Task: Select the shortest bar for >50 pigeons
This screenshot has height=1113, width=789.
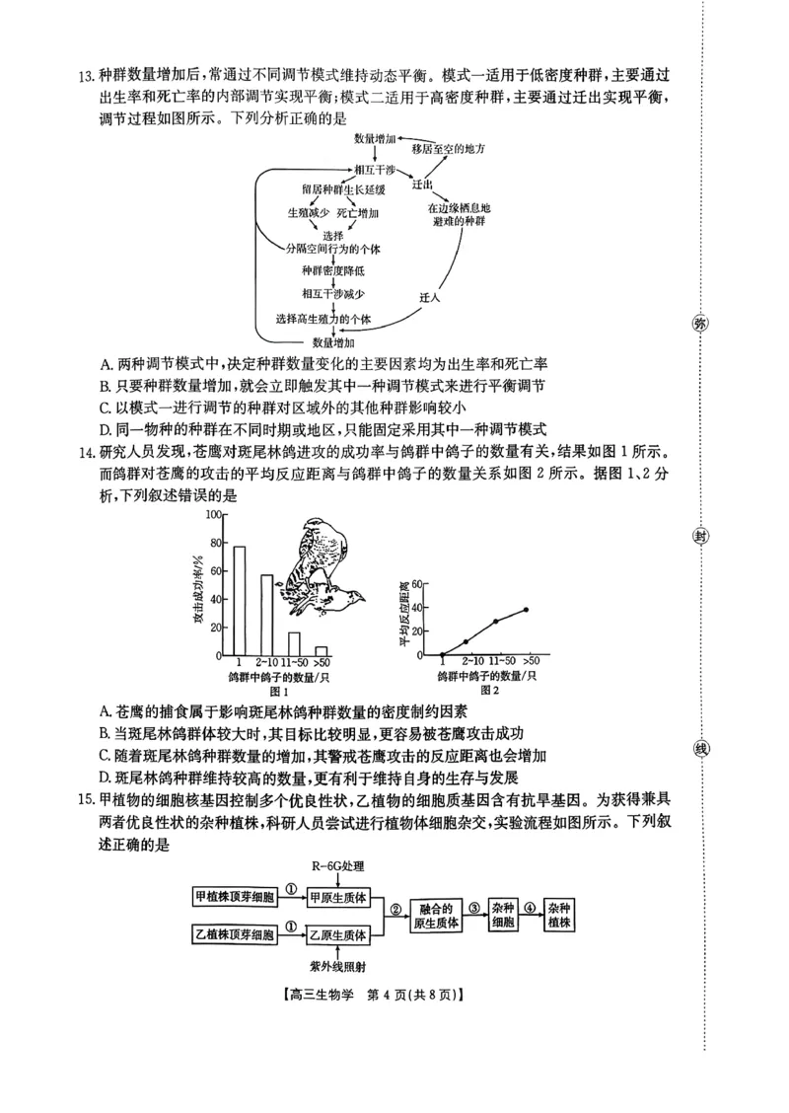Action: click(x=321, y=650)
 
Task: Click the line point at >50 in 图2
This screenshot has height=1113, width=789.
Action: click(x=527, y=610)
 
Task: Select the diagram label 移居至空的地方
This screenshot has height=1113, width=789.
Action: click(x=450, y=148)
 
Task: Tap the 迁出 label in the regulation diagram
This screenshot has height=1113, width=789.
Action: click(x=424, y=185)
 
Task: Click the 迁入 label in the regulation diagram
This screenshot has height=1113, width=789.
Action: click(x=429, y=297)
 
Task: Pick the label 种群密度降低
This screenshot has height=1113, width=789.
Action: click(x=333, y=270)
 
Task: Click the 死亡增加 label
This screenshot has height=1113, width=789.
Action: click(x=358, y=213)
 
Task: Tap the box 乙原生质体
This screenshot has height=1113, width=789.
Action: click(x=338, y=933)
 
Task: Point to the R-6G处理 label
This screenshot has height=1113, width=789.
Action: click(x=338, y=866)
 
